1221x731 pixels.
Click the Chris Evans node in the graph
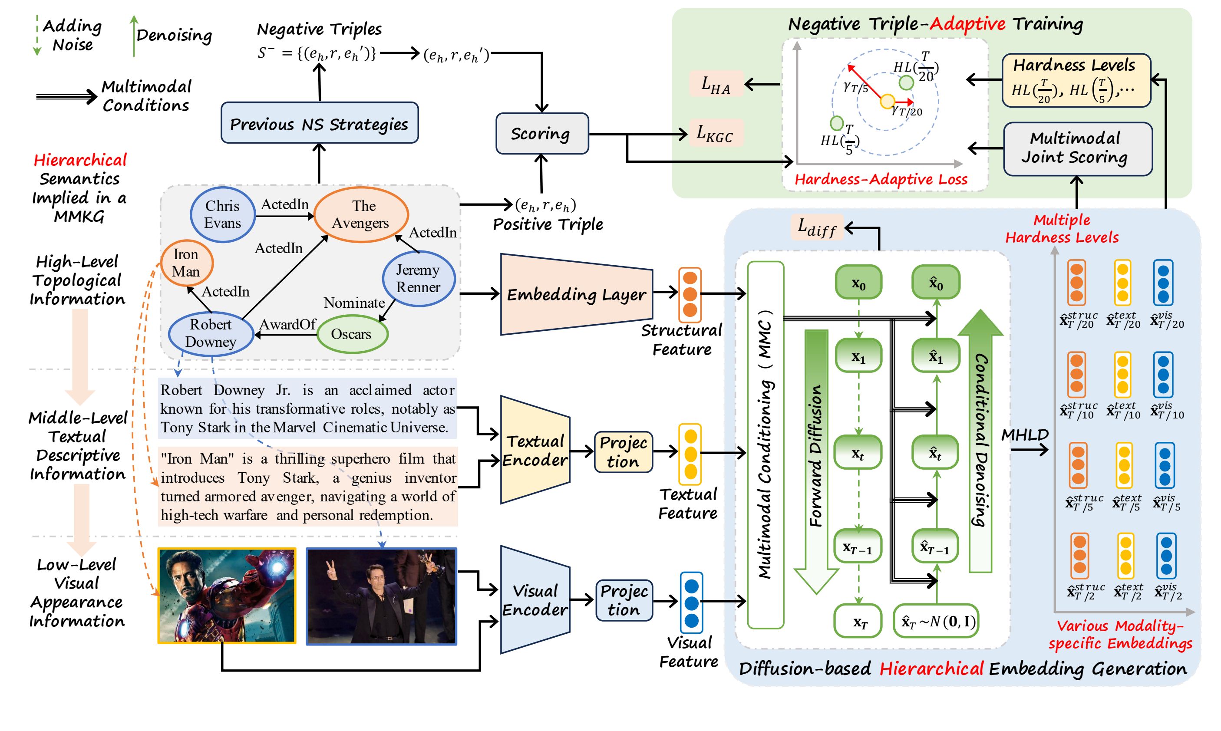click(223, 215)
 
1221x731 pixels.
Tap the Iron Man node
click(186, 263)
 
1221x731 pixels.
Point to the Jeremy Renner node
click(418, 278)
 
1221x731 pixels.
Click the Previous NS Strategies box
click(319, 123)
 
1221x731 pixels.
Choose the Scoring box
click(541, 134)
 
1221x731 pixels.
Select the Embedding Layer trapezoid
click(576, 295)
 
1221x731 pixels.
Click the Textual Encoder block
click(535, 450)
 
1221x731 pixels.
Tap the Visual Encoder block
click(535, 600)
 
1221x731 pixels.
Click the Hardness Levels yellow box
click(1076, 81)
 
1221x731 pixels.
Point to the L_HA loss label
click(716, 84)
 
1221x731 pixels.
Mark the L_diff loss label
click(816, 227)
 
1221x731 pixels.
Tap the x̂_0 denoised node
click(935, 283)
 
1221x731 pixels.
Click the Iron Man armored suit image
click(227, 596)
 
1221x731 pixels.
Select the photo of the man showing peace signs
click(381, 596)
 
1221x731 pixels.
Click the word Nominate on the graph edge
click(354, 303)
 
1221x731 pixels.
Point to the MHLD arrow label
click(1025, 435)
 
